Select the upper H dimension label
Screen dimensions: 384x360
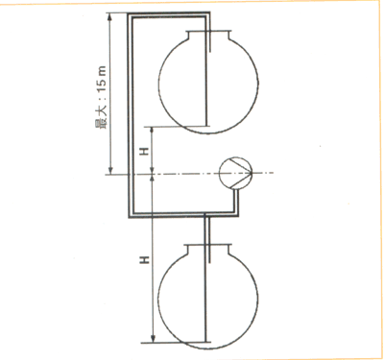(146, 150)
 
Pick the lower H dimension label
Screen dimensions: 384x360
(146, 260)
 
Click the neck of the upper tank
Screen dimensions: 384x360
(208, 36)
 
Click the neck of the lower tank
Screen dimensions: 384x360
(208, 250)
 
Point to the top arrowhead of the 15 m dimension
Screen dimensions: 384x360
(110, 16)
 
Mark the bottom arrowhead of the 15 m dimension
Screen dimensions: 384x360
(110, 171)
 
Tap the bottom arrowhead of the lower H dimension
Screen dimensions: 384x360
(153, 339)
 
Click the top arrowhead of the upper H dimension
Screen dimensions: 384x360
(153, 130)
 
